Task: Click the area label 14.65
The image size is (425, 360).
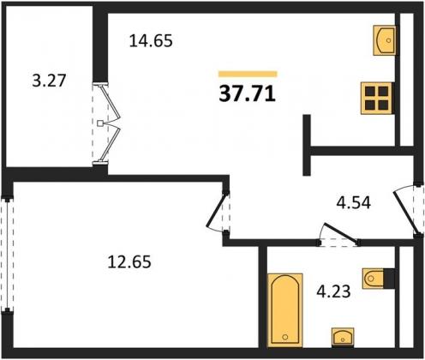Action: (x=151, y=41)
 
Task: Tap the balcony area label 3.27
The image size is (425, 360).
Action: (x=49, y=81)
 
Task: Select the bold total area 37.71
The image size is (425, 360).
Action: (x=248, y=94)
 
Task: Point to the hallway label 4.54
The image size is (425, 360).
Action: (x=354, y=203)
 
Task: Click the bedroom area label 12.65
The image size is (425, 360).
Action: (x=129, y=261)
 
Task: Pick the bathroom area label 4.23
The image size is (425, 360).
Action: (x=333, y=291)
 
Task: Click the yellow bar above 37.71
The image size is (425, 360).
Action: (x=248, y=74)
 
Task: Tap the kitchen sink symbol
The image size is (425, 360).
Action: (x=385, y=40)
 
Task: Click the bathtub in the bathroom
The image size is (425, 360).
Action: (x=285, y=310)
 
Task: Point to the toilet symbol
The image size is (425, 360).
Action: (x=374, y=279)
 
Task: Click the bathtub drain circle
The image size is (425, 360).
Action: (x=285, y=337)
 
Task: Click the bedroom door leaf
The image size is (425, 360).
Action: (x=217, y=210)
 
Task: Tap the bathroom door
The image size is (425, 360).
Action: (x=340, y=233)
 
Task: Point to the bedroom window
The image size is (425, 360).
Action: (x=7, y=255)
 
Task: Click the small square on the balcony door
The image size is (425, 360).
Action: (x=99, y=123)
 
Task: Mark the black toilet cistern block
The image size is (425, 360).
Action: (x=389, y=279)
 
